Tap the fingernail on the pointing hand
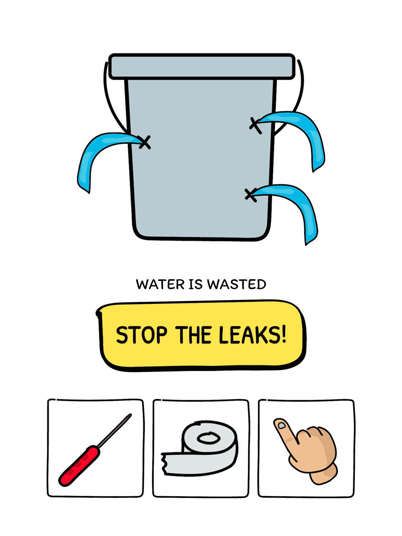(x=281, y=426)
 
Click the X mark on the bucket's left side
(x=144, y=142)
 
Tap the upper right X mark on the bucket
(x=255, y=125)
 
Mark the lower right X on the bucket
(x=251, y=195)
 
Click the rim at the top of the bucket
(x=201, y=66)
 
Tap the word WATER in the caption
(x=160, y=284)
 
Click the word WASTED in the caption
(x=236, y=284)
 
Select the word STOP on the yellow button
(x=142, y=335)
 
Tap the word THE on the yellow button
(x=193, y=335)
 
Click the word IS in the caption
(x=196, y=284)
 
